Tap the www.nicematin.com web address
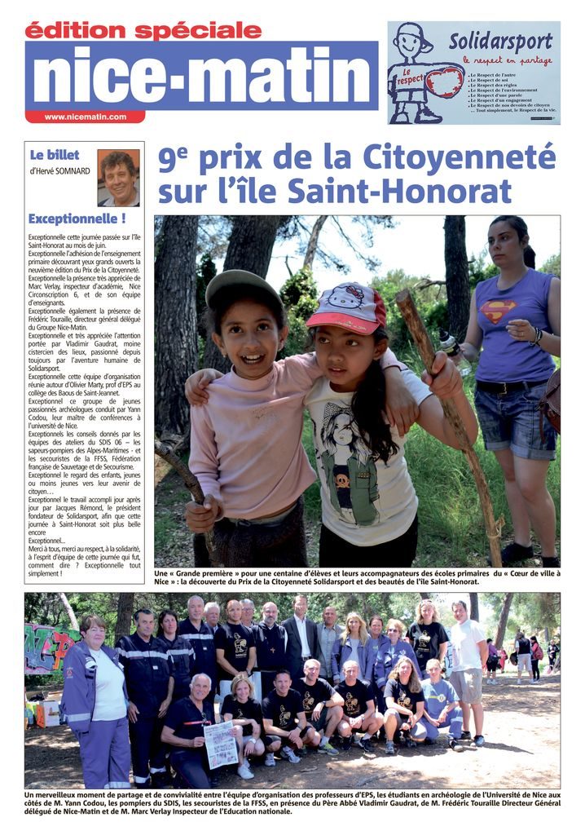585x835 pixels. click(x=85, y=117)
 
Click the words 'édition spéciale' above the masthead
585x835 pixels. click(x=143, y=30)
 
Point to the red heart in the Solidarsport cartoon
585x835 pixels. click(x=445, y=82)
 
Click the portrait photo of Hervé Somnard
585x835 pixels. click(x=118, y=177)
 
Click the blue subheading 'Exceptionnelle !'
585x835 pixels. click(x=77, y=219)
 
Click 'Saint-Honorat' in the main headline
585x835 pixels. click(x=416, y=192)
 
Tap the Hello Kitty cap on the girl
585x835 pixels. click(x=347, y=307)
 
